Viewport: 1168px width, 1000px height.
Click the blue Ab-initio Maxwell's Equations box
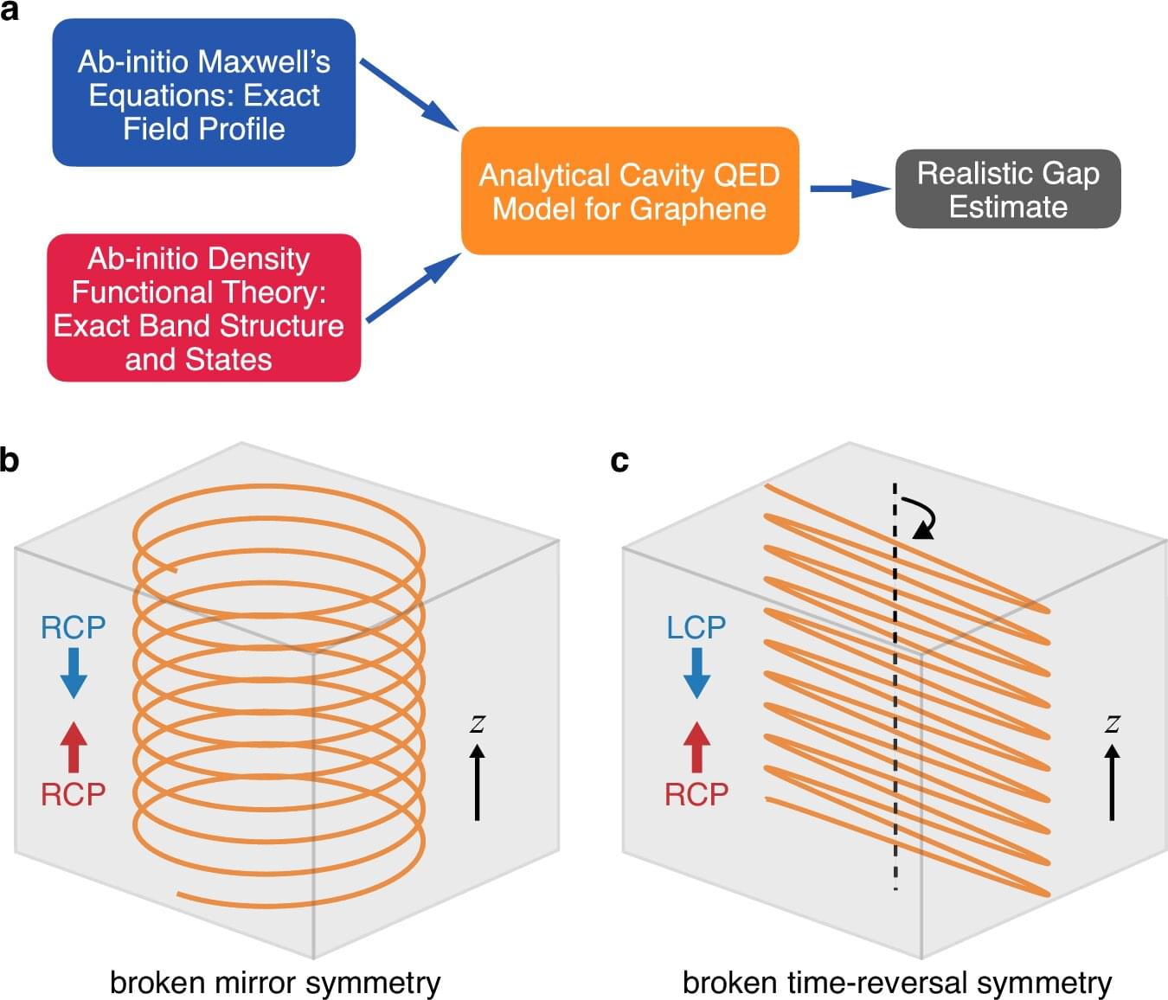(x=203, y=93)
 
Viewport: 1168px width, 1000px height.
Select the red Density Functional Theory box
(x=203, y=308)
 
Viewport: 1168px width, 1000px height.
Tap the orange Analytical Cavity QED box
(x=629, y=191)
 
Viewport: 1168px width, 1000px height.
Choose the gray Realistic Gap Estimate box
(x=1008, y=189)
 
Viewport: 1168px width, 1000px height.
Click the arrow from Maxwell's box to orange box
(x=408, y=94)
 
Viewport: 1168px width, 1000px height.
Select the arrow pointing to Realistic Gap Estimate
(x=849, y=189)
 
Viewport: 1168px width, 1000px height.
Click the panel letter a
(x=10, y=11)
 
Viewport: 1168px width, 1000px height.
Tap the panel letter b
(x=10, y=459)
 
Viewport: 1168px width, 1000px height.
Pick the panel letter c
(x=619, y=460)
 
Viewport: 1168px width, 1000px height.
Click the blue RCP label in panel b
(x=74, y=627)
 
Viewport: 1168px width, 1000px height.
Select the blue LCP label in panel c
(x=696, y=627)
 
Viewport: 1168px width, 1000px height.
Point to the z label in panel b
(x=477, y=723)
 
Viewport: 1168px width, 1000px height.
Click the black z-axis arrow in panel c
(x=1112, y=782)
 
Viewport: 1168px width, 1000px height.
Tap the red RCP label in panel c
(x=696, y=794)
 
